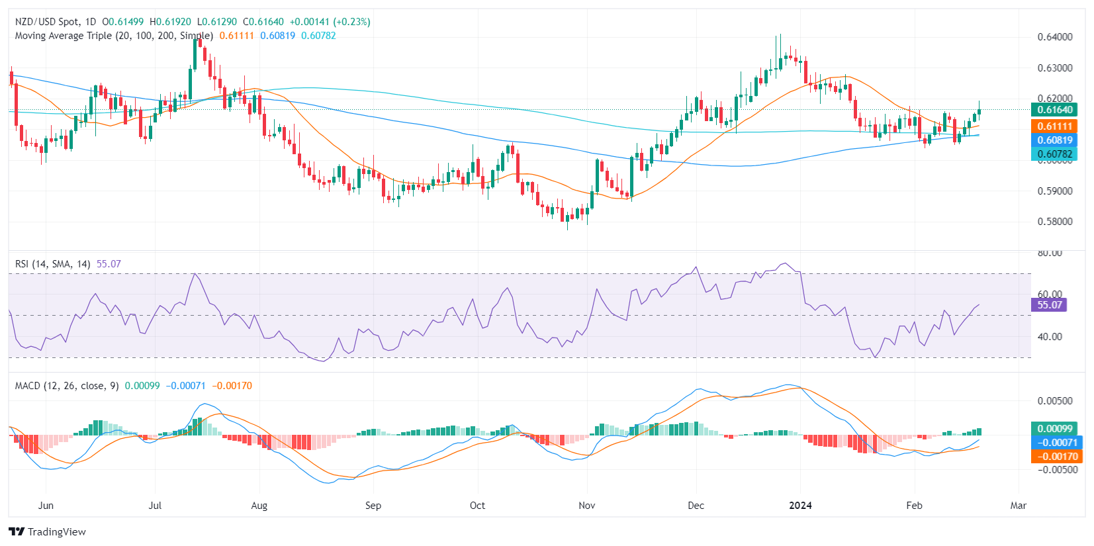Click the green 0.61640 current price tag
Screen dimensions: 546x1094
(1054, 110)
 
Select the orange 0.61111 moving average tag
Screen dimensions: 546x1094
(1054, 126)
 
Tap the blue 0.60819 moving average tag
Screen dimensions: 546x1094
(1054, 140)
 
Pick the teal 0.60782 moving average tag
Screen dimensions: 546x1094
(1054, 154)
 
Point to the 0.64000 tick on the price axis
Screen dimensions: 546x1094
(1054, 37)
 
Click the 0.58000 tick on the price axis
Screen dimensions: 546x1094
(1054, 222)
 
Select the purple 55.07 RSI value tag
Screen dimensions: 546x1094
(1049, 305)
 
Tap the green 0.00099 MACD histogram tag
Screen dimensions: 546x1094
(1054, 428)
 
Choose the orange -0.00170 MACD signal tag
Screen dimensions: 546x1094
(1054, 456)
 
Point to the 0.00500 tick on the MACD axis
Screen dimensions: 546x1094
(1054, 400)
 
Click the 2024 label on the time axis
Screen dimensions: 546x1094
(800, 506)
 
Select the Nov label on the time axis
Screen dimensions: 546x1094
(586, 506)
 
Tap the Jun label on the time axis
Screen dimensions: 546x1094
(46, 506)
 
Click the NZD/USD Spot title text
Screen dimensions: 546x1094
(46, 22)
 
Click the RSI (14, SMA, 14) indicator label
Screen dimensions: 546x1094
(53, 264)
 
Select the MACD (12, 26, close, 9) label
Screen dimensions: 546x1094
(67, 386)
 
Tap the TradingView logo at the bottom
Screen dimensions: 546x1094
(48, 531)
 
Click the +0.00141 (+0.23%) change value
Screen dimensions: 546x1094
(330, 22)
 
